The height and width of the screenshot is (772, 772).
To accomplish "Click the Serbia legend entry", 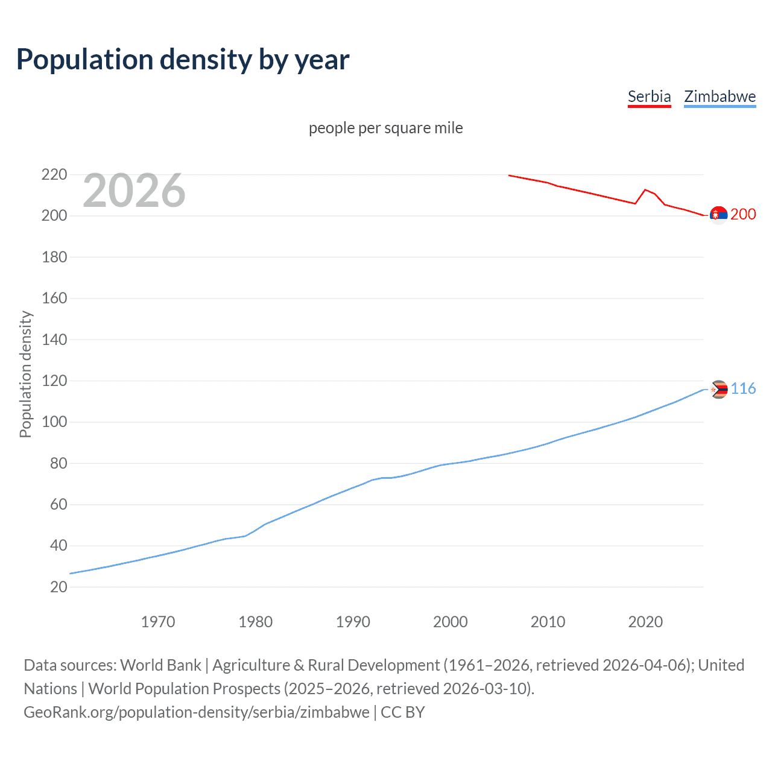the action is point(649,96).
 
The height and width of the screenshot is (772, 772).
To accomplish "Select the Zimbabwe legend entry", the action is point(720,96).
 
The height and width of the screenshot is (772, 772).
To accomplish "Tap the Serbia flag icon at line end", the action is point(718,215).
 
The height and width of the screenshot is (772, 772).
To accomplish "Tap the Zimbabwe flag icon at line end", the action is point(718,390).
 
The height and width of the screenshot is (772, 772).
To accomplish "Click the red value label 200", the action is point(743,215).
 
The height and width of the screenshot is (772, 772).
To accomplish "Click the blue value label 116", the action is point(743,389).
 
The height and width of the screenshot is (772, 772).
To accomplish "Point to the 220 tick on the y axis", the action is point(54,175).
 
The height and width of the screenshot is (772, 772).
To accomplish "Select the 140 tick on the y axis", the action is point(54,340).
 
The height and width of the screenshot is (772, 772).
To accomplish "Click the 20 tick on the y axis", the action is point(58,587).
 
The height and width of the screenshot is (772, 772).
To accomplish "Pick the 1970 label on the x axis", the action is point(158,622).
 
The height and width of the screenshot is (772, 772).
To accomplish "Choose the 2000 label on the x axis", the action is point(451,622).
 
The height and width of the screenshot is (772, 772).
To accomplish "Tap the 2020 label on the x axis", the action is point(645,622).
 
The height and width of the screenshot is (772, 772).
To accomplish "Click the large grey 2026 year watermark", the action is point(134,191).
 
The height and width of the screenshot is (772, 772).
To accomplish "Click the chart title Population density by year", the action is point(183,60).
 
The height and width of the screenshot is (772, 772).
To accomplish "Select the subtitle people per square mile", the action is point(386,128).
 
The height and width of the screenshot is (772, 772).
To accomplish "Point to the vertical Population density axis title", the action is point(25,374).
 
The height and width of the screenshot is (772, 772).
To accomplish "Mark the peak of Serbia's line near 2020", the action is point(645,189).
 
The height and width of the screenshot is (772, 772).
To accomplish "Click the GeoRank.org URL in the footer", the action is point(196,712).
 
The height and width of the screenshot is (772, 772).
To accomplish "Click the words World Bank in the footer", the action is point(160,665).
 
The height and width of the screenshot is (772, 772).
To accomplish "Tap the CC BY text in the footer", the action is point(403,712).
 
